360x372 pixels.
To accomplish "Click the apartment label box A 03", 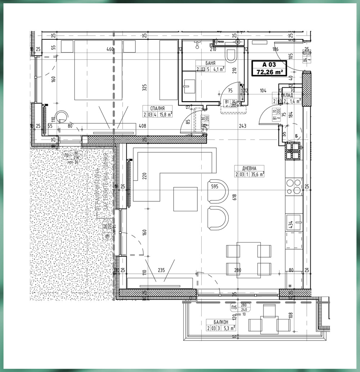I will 269,68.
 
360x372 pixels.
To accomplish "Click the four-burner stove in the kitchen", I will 293,186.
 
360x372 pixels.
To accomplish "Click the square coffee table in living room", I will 185,199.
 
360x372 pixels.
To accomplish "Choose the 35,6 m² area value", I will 256,174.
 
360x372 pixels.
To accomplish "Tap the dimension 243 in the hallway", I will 242,126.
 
